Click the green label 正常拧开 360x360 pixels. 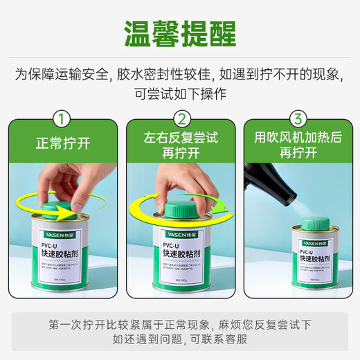[x=63, y=145]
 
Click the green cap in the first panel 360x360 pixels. [x=62, y=206]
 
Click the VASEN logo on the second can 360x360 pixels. [x=171, y=235]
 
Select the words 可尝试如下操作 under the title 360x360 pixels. [x=180, y=92]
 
